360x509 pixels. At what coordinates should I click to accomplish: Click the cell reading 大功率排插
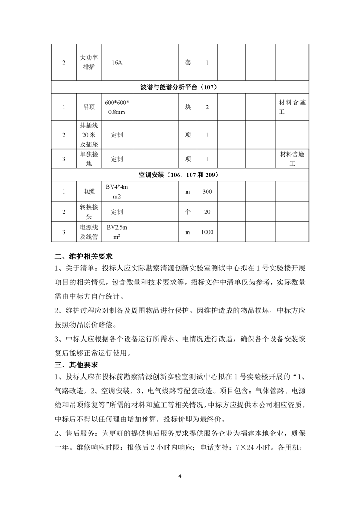point(89,63)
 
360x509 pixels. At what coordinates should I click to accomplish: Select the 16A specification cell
point(117,63)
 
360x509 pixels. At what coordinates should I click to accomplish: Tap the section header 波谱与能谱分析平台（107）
point(180,87)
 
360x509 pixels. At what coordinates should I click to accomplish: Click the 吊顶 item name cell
point(89,107)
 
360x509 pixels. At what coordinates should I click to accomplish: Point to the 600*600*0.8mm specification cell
point(117,107)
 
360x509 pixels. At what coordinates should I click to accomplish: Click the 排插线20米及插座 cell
point(89,135)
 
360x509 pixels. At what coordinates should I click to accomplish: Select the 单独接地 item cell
point(89,159)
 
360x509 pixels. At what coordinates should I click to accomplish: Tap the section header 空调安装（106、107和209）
point(180,175)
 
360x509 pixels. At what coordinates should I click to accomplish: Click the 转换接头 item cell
point(89,212)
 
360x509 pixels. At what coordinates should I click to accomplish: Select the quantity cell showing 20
point(207,212)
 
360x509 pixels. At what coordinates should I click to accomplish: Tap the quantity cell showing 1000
point(207,232)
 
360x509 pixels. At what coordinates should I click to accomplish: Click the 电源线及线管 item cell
point(89,232)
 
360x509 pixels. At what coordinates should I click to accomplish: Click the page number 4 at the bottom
point(180,476)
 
